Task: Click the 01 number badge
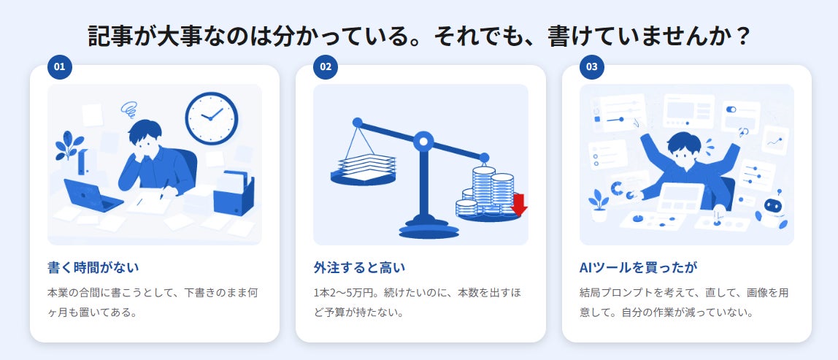tap(59, 67)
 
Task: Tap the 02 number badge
tap(326, 67)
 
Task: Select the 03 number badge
tap(591, 67)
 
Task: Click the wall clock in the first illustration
tap(212, 118)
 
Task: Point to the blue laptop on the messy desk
tap(93, 195)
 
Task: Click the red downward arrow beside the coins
tap(519, 204)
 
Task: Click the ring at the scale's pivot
tap(424, 142)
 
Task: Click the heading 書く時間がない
tap(93, 267)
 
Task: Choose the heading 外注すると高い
tap(359, 267)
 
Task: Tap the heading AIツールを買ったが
tap(639, 267)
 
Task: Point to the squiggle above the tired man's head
tap(128, 110)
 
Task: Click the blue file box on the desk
tap(234, 193)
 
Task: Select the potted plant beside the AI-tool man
tap(599, 205)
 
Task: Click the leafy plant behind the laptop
tap(69, 145)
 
